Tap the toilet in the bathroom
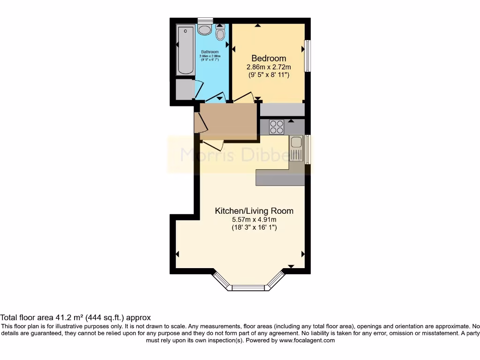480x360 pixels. [220, 32]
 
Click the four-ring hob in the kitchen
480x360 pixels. [277, 127]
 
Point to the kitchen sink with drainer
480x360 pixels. [296, 148]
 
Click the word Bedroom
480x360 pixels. [269, 59]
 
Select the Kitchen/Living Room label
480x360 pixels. [254, 211]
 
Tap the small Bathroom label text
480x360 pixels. [210, 52]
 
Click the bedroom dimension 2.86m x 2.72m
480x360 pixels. [269, 67]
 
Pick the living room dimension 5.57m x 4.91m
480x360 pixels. [254, 219]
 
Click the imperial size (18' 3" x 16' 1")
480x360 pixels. [254, 227]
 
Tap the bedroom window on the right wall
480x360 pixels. [307, 55]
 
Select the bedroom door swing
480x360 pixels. [244, 97]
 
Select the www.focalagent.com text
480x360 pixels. [307, 341]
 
